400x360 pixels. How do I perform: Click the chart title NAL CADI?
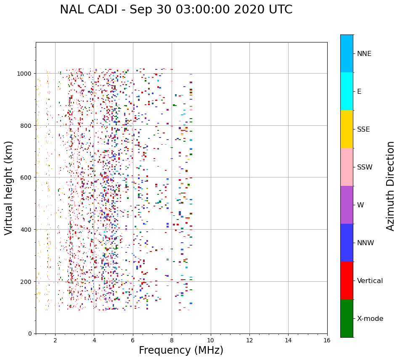tap(176, 10)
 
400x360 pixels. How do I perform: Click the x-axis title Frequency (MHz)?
tap(181, 350)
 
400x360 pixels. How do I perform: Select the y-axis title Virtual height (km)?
tap(9, 188)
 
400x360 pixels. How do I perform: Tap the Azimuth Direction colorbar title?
tap(391, 186)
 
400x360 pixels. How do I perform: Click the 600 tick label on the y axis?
tap(27, 177)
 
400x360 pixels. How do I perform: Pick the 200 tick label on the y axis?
tap(27, 282)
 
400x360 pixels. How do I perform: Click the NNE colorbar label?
tap(364, 54)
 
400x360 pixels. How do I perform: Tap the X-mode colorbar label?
tap(370, 319)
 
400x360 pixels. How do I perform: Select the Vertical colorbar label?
tap(370, 281)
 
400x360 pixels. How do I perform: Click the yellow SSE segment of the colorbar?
tap(347, 129)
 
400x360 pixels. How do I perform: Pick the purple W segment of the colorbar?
tap(347, 205)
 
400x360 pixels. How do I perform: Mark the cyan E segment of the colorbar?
tap(347, 91)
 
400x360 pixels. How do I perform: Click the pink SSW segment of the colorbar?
tap(347, 167)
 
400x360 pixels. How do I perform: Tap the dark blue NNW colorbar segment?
tap(347, 243)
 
